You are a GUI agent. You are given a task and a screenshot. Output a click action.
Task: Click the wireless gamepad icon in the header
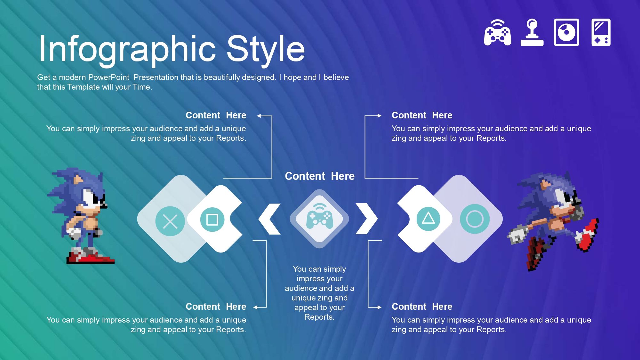(497, 33)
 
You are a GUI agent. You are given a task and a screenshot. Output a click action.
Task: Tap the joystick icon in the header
(532, 33)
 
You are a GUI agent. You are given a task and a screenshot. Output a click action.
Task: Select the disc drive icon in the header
(566, 32)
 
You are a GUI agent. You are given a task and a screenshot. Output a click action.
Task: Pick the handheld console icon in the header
(601, 32)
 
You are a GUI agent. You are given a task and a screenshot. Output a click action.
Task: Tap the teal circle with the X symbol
(170, 221)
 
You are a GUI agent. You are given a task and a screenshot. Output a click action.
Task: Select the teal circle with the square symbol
(212, 220)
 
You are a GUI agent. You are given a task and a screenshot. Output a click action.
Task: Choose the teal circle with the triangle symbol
(428, 219)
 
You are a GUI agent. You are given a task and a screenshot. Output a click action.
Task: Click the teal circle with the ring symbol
(475, 219)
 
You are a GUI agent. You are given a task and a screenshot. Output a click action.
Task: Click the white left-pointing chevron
(269, 219)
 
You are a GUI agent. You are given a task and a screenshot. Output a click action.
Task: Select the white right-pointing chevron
(367, 219)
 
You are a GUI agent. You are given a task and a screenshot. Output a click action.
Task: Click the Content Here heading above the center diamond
(320, 176)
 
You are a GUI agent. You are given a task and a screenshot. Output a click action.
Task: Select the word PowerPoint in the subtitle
(108, 77)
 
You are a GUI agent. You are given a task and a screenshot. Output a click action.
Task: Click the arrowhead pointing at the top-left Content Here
(259, 116)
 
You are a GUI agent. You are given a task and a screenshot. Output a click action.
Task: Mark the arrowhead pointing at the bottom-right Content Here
(380, 308)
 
